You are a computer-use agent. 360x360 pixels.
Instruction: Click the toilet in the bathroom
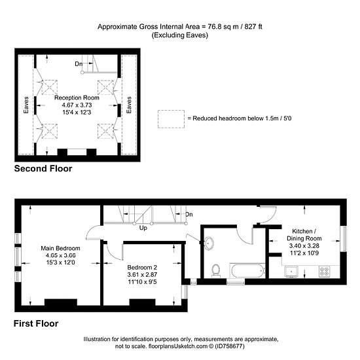pyautogui.click(x=216, y=270)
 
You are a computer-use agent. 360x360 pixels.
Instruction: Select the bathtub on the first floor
pyautogui.click(x=247, y=271)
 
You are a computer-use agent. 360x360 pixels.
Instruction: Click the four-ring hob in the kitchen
pyautogui.click(x=325, y=271)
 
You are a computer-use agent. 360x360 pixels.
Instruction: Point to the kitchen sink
pyautogui.click(x=291, y=272)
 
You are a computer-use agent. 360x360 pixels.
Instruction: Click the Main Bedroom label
pyautogui.click(x=60, y=248)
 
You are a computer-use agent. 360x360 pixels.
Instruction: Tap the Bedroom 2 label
pyautogui.click(x=142, y=268)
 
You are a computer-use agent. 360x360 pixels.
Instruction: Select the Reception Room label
pyautogui.click(x=77, y=98)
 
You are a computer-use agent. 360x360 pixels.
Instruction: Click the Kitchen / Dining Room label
pyautogui.click(x=304, y=234)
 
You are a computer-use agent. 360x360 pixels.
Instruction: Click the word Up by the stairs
pyautogui.click(x=143, y=228)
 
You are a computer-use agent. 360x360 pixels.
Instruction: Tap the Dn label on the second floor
pyautogui.click(x=79, y=64)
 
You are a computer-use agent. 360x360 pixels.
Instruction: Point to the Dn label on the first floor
pyautogui.click(x=189, y=215)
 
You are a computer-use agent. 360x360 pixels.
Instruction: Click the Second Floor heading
pyautogui.click(x=43, y=168)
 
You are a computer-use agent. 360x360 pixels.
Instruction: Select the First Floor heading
pyautogui.click(x=36, y=323)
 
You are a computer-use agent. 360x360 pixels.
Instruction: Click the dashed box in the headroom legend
pyautogui.click(x=171, y=119)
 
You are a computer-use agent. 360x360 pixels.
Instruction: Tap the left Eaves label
pyautogui.click(x=26, y=105)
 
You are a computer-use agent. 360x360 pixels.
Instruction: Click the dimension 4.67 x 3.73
pyautogui.click(x=77, y=105)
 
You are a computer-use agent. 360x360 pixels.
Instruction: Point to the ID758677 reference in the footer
pyautogui.click(x=229, y=346)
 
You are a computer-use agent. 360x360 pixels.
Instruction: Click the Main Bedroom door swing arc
pyautogui.click(x=90, y=230)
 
